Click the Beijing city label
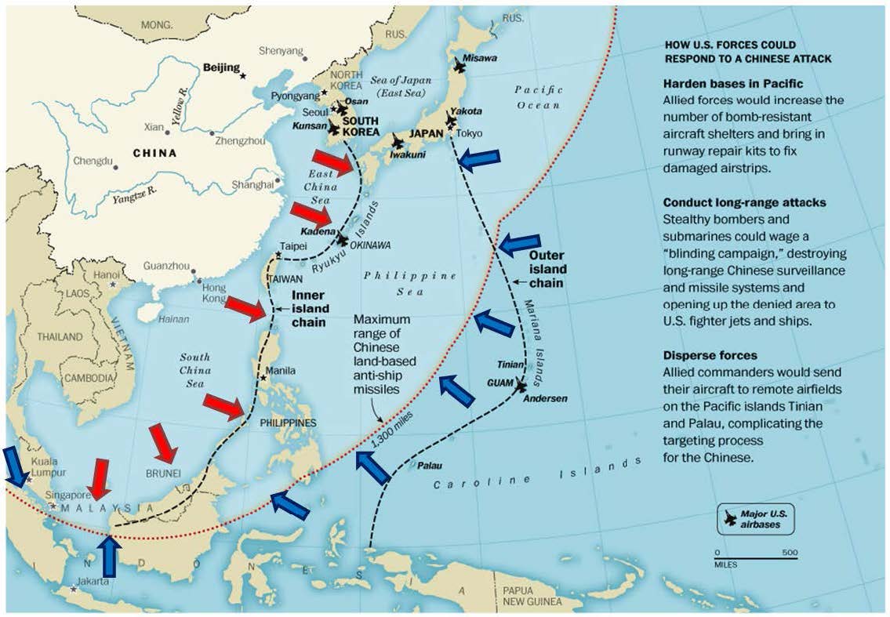pyautogui.click(x=222, y=68)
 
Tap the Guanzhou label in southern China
pyautogui.click(x=167, y=267)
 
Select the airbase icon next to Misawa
pyautogui.click(x=460, y=67)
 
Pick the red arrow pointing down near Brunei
pyautogui.click(x=164, y=442)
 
